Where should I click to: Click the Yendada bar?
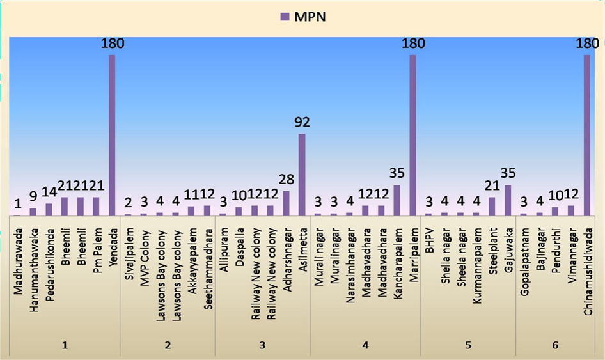[x=112, y=135]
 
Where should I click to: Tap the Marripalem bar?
[x=412, y=135]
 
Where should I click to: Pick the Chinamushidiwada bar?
[x=587, y=135]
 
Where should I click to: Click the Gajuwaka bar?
[x=508, y=200]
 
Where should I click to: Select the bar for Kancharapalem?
[x=397, y=200]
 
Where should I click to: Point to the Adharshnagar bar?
[x=286, y=203]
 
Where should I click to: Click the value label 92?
[x=302, y=122]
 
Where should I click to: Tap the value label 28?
[x=285, y=180]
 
